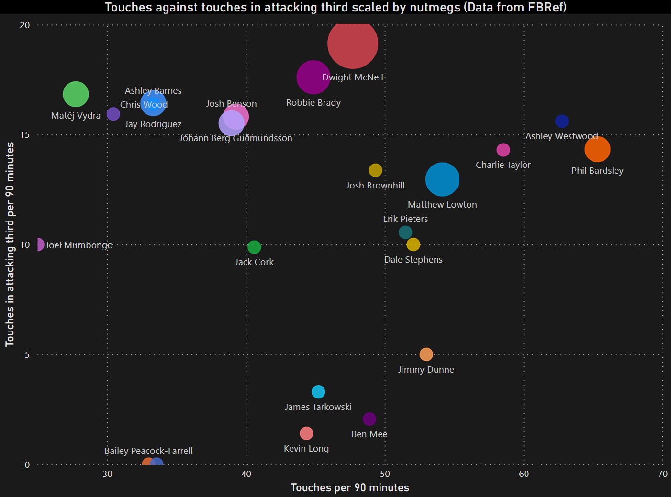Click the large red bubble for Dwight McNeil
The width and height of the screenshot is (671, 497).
click(x=353, y=44)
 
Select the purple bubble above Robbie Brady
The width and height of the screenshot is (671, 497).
click(x=313, y=77)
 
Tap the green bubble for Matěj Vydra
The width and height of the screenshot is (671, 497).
click(x=76, y=94)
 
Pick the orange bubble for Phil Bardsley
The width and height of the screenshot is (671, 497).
click(x=597, y=149)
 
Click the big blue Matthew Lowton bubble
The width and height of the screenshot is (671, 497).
click(x=442, y=179)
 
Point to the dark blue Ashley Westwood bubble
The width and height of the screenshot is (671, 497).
click(x=562, y=121)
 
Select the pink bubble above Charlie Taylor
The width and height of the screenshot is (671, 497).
click(x=503, y=150)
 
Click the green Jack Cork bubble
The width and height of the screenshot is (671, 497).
click(x=254, y=247)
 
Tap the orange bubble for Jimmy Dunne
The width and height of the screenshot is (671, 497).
click(x=426, y=354)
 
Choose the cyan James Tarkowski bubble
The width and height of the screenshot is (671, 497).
click(x=318, y=392)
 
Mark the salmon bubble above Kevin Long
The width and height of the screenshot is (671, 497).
click(x=306, y=433)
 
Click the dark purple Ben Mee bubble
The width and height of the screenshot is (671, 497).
click(x=369, y=419)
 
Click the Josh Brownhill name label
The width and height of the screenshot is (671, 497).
click(x=375, y=186)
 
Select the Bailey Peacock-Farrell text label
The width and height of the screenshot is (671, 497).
click(x=148, y=451)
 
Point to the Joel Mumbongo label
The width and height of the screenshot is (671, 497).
click(x=79, y=245)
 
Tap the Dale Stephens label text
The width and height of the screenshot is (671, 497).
click(x=414, y=260)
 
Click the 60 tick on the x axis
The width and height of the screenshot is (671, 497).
click(x=524, y=474)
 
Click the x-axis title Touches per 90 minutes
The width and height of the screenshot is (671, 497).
click(x=350, y=488)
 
